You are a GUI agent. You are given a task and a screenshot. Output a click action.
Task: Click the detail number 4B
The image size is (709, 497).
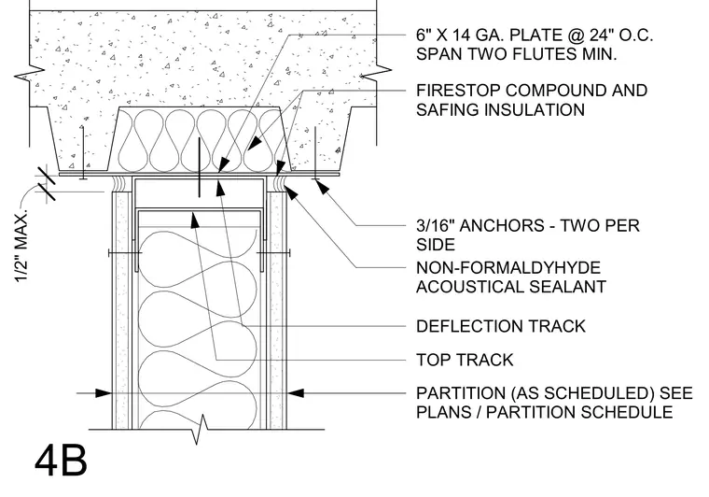point(61,460)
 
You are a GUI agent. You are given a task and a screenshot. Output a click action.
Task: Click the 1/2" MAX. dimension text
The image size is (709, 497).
point(21,246)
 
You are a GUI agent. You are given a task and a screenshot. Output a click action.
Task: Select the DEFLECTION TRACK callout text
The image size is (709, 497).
point(501,326)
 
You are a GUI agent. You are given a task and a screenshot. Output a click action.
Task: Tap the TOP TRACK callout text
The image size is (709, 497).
point(465,360)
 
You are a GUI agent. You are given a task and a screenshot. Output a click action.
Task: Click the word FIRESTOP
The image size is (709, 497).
point(458,91)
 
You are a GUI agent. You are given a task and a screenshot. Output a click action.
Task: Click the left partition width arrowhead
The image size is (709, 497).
point(104,393)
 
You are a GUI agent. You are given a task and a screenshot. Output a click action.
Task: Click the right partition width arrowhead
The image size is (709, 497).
point(296,393)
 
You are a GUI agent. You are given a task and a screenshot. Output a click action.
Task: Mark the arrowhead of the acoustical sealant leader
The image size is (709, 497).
point(292,193)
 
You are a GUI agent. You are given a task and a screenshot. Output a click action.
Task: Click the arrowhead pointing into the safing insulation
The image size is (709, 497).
point(254,143)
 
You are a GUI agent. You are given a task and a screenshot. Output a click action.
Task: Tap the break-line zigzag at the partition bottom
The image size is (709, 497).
point(201,429)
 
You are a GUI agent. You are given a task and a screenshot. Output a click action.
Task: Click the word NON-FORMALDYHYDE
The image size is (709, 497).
point(508,267)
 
